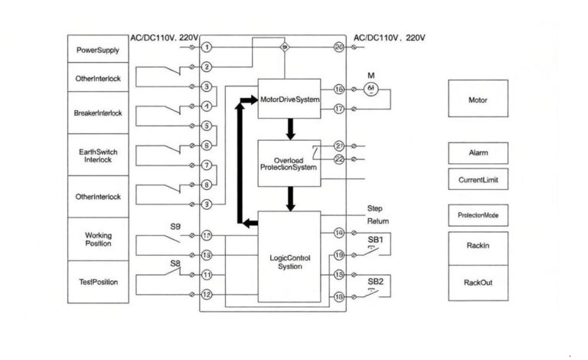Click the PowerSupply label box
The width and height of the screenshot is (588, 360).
click(97, 50)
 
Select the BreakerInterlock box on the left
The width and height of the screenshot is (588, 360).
click(97, 113)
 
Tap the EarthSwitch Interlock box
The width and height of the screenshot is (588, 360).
click(97, 155)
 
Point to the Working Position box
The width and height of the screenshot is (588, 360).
click(97, 239)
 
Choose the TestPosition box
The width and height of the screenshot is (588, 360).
click(97, 282)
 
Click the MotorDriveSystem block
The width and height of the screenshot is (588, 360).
click(289, 99)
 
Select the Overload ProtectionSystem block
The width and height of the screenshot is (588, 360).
click(289, 163)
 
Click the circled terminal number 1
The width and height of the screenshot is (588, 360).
click(207, 47)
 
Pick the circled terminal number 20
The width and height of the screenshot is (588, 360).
click(339, 47)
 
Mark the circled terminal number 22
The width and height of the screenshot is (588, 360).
click(339, 159)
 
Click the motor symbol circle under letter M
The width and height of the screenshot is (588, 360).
click(371, 90)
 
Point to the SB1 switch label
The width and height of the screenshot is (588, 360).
click(375, 239)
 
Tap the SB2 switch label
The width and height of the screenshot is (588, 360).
click(375, 281)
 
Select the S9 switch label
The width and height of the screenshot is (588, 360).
click(175, 227)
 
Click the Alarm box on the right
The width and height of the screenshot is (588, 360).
click(478, 152)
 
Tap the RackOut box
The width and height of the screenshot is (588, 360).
click(478, 283)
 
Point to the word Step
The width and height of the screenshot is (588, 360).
click(375, 208)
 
